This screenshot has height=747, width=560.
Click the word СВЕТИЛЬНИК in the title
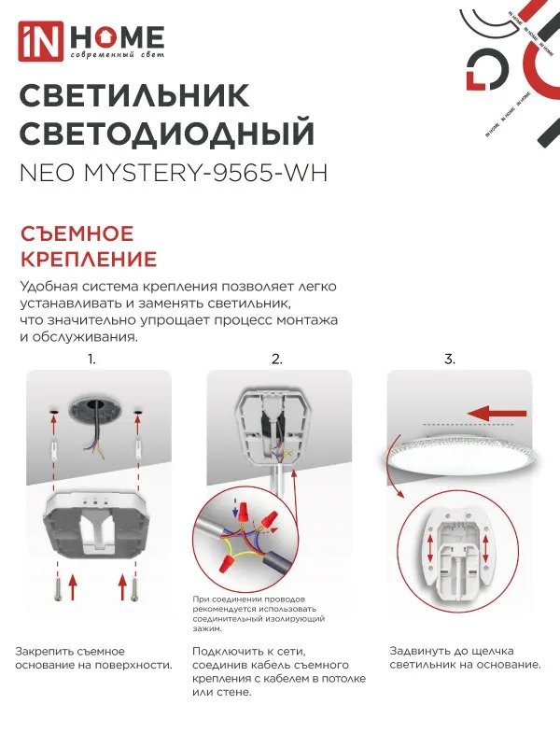coord(134,96)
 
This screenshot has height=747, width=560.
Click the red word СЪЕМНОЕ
coord(77,233)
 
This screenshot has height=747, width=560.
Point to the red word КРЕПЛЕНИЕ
coord(88,259)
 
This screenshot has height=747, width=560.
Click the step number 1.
coord(91,359)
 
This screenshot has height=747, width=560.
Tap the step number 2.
coord(276,359)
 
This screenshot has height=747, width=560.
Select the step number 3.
coord(449,359)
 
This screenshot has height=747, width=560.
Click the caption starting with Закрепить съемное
coord(93,657)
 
